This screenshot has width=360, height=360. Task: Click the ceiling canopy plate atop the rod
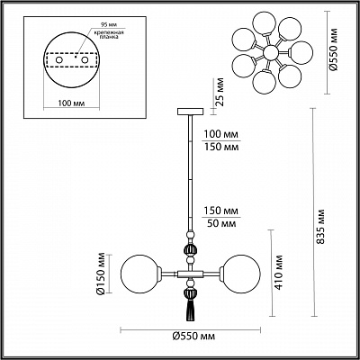click(190, 111)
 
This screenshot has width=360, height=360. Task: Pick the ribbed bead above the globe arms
click(190, 250)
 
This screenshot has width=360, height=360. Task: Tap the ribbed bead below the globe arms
click(190, 290)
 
